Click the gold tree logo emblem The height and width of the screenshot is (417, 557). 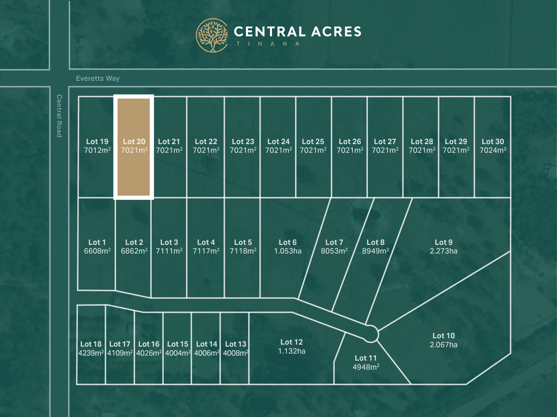(x=212, y=35)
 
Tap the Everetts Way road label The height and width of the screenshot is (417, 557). (x=98, y=78)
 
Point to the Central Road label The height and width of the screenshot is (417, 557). (x=59, y=116)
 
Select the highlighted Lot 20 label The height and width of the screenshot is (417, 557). (x=134, y=141)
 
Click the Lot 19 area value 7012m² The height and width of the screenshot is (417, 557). (x=97, y=150)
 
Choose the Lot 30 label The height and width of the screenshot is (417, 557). (x=493, y=141)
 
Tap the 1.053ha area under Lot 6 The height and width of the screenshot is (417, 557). (x=288, y=251)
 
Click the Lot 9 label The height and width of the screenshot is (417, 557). (x=443, y=242)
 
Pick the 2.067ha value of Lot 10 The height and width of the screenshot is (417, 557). (x=443, y=345)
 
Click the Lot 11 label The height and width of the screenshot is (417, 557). (x=366, y=358)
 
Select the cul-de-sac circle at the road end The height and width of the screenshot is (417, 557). (x=371, y=334)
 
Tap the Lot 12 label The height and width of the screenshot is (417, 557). (x=291, y=342)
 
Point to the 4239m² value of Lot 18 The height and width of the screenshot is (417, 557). (x=91, y=353)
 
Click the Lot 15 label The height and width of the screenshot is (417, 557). (x=177, y=344)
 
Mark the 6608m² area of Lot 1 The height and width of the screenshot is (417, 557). (x=97, y=251)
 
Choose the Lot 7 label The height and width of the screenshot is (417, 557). (x=334, y=242)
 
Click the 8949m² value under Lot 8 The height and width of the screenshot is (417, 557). (x=376, y=251)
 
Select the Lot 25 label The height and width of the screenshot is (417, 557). (x=313, y=141)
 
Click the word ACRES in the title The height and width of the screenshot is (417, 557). (x=336, y=32)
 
